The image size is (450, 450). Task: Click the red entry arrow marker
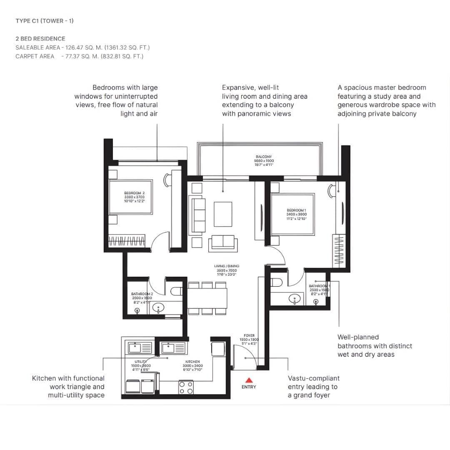click(249, 380)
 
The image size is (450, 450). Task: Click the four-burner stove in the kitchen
click(186, 387)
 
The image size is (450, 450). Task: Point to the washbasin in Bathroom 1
click(295, 298)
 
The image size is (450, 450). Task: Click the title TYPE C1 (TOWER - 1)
click(45, 21)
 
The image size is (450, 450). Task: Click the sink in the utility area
click(137, 347)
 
